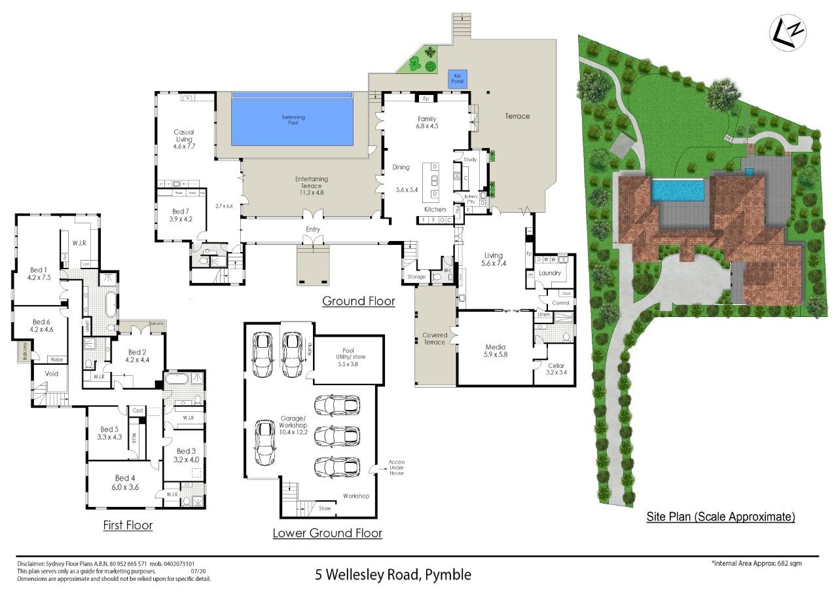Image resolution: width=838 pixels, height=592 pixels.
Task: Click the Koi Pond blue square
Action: [457, 79]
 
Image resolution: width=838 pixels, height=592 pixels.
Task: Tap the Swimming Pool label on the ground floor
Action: [293, 120]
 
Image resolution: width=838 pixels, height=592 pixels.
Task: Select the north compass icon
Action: [788, 32]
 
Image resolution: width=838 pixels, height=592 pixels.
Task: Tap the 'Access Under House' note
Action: [397, 468]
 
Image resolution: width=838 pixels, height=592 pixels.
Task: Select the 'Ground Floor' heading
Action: [359, 301]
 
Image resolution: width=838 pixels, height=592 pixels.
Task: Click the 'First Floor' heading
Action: [128, 525]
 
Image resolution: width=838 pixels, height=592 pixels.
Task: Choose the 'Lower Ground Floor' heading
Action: [327, 533]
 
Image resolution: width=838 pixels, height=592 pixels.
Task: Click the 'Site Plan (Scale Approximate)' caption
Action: [720, 517]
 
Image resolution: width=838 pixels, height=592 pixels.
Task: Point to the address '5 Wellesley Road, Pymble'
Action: [393, 575]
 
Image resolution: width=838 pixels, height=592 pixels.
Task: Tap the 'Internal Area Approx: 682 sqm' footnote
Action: [756, 563]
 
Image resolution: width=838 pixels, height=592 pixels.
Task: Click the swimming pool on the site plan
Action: [678, 191]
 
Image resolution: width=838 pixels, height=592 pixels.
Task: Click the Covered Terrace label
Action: [435, 339]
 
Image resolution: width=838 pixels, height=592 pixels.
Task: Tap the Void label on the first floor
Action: [51, 374]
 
